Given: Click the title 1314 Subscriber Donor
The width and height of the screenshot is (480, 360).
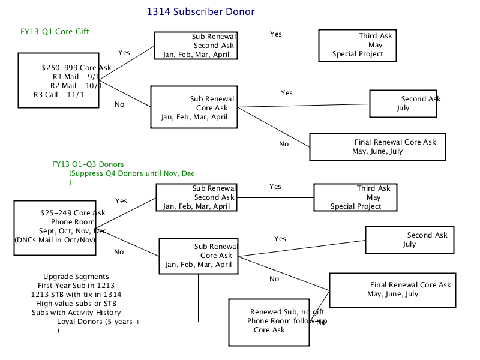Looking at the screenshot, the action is (x=200, y=11).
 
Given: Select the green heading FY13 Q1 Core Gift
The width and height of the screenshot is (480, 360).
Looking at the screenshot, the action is (x=55, y=32).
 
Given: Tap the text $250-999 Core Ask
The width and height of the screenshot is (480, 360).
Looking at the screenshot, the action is (x=77, y=68).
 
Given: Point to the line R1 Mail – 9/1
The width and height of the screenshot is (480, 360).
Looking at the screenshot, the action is (x=76, y=77).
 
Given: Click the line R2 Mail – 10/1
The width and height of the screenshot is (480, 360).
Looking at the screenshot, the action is (x=76, y=86).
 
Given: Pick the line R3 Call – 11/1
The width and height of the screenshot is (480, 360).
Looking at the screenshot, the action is (x=59, y=95).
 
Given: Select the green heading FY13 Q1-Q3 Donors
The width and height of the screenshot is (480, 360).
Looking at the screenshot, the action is (x=88, y=164).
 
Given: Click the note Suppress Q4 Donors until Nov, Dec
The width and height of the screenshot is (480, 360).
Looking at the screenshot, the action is (x=132, y=173).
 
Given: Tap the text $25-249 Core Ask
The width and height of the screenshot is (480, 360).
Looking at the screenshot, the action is (x=73, y=213).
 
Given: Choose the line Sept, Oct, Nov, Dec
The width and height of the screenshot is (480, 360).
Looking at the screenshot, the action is (x=73, y=231).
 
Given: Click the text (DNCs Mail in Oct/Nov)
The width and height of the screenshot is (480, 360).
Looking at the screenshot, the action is (x=55, y=240).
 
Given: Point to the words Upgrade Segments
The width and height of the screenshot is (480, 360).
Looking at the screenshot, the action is (x=76, y=277).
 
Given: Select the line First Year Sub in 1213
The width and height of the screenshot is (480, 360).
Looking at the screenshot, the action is (x=76, y=286).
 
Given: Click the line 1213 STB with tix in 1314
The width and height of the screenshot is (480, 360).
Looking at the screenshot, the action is (x=76, y=295).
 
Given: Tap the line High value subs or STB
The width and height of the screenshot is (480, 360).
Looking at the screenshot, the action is (x=76, y=304).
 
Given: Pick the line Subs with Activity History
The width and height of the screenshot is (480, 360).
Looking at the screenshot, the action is (x=76, y=313).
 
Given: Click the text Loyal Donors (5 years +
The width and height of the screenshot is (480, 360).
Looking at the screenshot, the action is (x=98, y=322).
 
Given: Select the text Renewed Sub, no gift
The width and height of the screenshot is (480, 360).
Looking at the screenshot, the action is (x=287, y=312).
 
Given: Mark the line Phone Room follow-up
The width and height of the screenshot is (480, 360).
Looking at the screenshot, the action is (x=287, y=321).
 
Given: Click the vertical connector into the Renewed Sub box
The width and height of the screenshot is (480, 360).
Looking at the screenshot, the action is (x=199, y=298).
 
